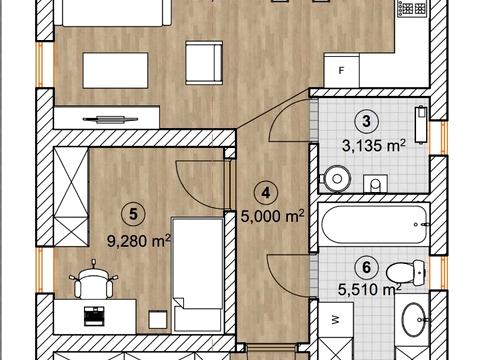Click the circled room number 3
click(x=366, y=121)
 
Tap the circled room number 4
click(x=266, y=193)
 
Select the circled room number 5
click(x=133, y=214)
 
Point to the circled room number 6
click(x=366, y=267)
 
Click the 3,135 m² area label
click(x=374, y=146)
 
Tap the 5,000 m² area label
click(x=272, y=216)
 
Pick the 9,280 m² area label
click(x=139, y=241)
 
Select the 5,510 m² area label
click(x=370, y=289)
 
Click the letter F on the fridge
click(x=341, y=71)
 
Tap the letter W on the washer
click(x=335, y=320)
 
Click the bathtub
click(x=374, y=225)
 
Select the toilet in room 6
click(x=406, y=273)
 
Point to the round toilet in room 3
click(x=336, y=179)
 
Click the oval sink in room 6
click(x=413, y=320)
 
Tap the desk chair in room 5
click(x=94, y=279)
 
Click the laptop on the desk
click(x=94, y=316)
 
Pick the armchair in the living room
click(x=204, y=63)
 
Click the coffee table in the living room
click(x=115, y=70)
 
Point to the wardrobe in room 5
click(x=71, y=196)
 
